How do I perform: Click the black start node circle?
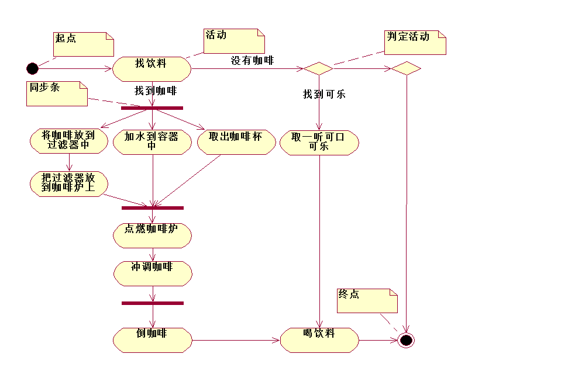[32, 69]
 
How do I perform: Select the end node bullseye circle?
[406, 340]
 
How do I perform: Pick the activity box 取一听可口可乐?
[319, 143]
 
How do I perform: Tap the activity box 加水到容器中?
[152, 143]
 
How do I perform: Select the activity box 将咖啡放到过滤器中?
[68, 141]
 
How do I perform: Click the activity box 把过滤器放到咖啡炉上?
[68, 184]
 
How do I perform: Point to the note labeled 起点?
[83, 44]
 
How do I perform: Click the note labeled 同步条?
[57, 93]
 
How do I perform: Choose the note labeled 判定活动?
[415, 42]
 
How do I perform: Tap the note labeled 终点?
[367, 300]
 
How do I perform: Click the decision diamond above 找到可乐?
[319, 68]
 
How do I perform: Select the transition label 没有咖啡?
[252, 60]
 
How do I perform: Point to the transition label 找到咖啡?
[156, 91]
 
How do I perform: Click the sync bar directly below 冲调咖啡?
[152, 303]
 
